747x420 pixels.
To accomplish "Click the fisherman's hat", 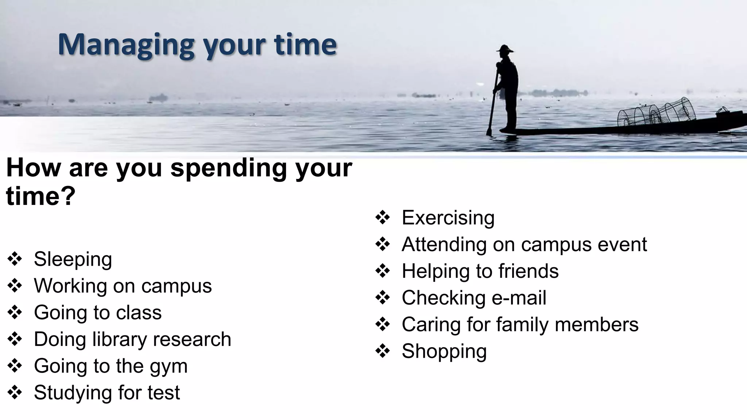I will [x=505, y=49].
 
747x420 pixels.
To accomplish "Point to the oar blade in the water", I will [x=490, y=131].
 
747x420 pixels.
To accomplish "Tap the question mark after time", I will [x=68, y=196].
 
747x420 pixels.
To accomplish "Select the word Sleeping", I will [x=73, y=259].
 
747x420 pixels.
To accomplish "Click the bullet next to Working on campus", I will [x=15, y=286].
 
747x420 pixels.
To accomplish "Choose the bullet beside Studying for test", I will [x=15, y=393].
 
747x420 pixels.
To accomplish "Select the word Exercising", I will [x=448, y=218].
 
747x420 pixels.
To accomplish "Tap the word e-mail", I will [x=519, y=298].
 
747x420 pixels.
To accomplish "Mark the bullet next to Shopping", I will [x=383, y=351].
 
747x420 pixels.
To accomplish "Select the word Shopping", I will [x=444, y=351].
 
